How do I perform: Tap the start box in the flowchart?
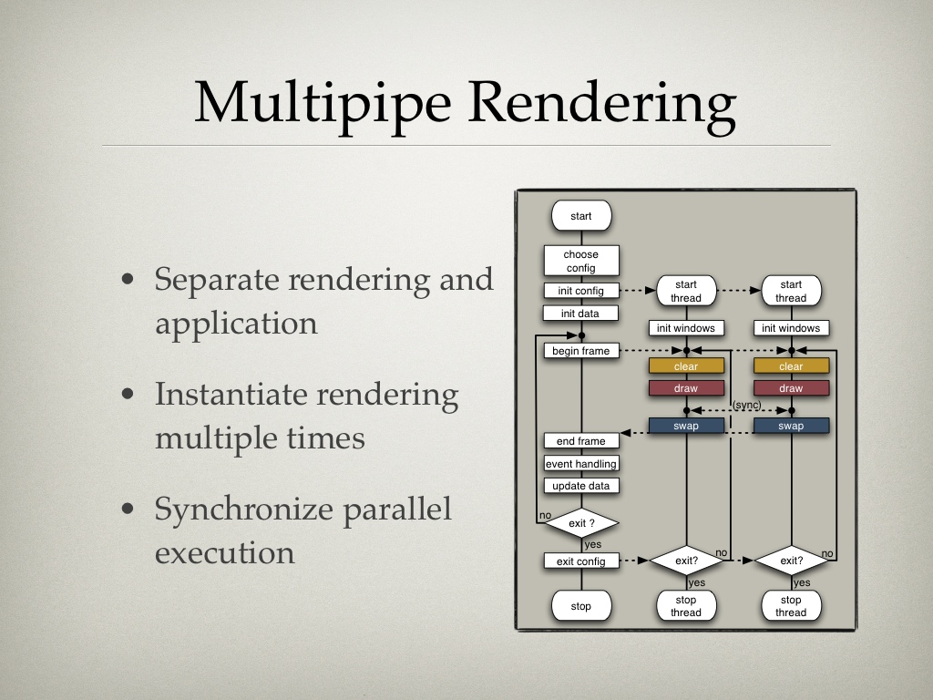click(x=581, y=215)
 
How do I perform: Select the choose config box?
click(x=581, y=261)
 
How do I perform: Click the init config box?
click(x=581, y=291)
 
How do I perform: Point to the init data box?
click(x=580, y=314)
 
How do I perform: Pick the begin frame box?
click(x=581, y=351)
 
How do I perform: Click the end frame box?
click(x=581, y=440)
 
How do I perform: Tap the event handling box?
click(x=581, y=463)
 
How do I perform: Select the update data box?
click(x=581, y=486)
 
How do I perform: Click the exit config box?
click(x=581, y=561)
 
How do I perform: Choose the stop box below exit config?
click(x=581, y=606)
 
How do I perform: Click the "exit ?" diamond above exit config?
click(x=581, y=523)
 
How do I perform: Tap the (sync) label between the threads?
click(x=747, y=405)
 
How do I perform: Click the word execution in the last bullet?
click(x=225, y=553)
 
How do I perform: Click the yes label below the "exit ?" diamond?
click(x=593, y=545)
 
